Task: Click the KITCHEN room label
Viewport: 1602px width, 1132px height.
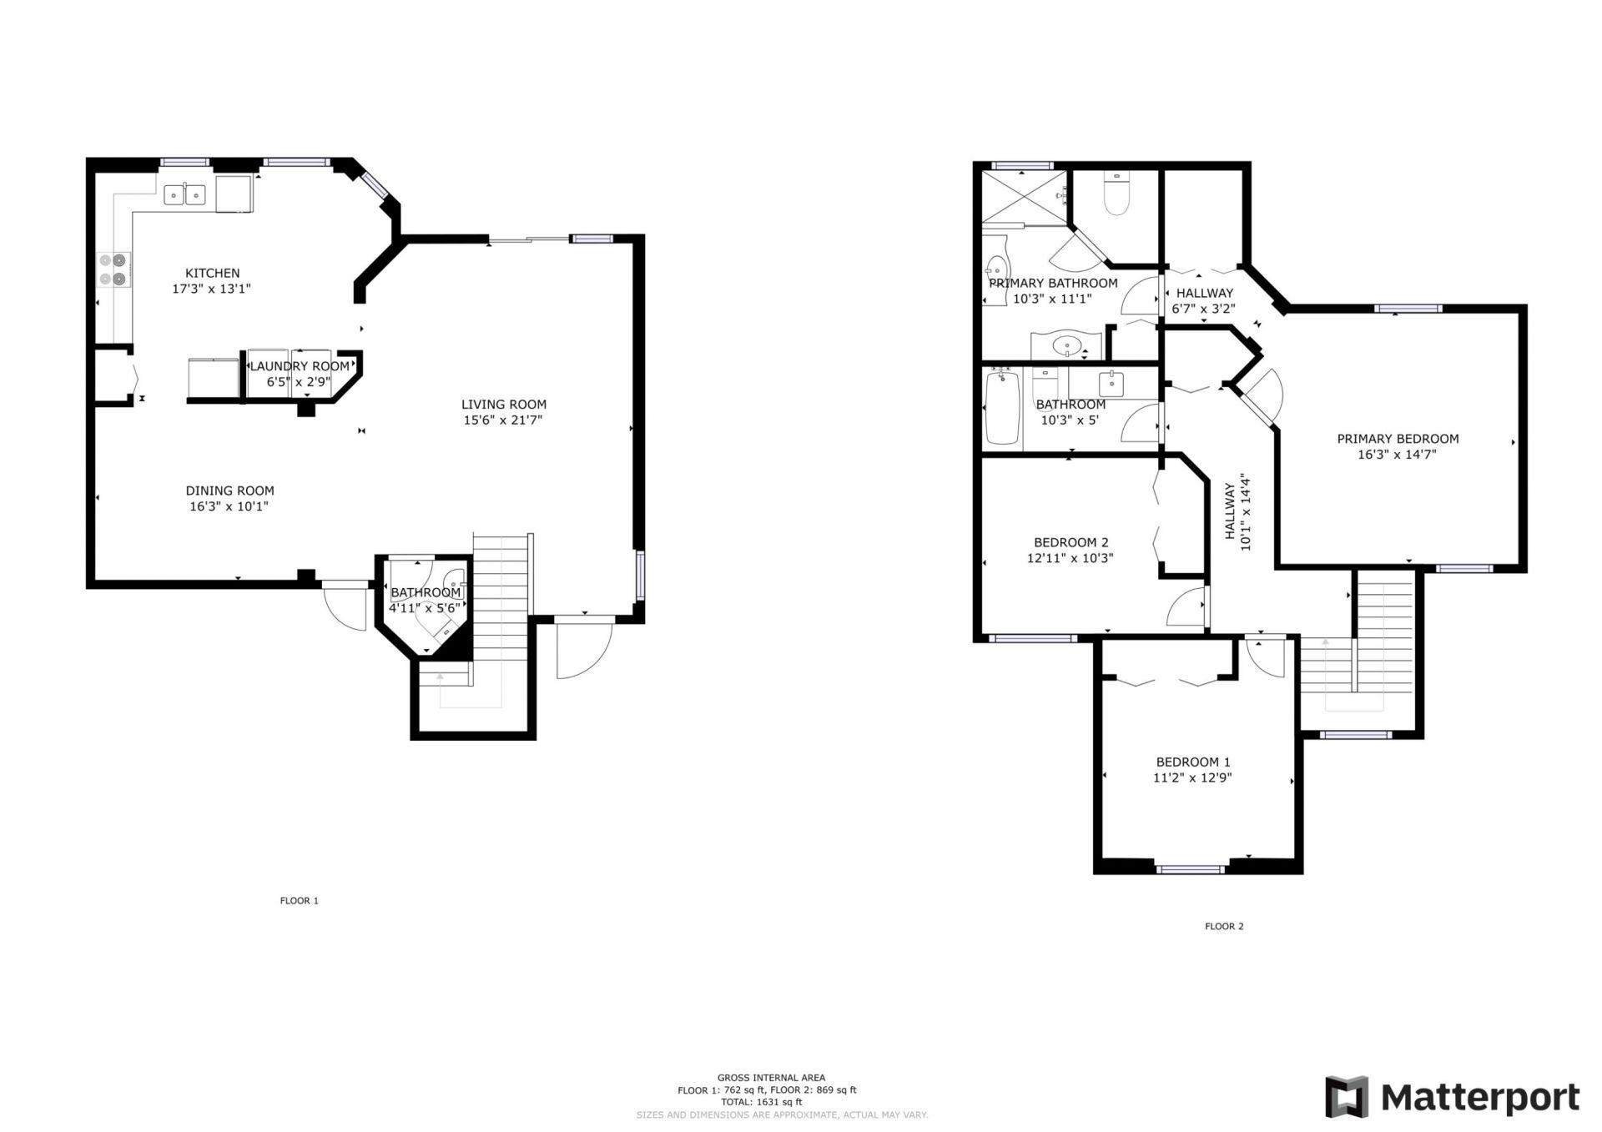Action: coord(212,273)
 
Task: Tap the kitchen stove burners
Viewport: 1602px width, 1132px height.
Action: coord(113,269)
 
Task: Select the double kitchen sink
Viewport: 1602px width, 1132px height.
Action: coord(184,195)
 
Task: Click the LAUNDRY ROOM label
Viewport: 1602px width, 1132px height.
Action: coord(300,366)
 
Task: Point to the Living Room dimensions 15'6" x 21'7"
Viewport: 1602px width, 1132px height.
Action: coord(503,420)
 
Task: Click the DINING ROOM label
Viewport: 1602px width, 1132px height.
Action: coord(229,491)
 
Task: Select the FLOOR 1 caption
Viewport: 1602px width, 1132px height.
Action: coord(299,901)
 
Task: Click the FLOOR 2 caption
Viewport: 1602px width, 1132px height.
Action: coord(1224,926)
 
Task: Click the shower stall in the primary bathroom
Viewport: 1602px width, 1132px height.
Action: coord(1024,197)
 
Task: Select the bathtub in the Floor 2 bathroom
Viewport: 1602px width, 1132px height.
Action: coord(1002,408)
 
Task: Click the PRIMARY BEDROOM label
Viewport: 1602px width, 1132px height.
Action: coord(1398,439)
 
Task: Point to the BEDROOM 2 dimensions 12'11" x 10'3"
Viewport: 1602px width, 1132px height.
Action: coord(1070,559)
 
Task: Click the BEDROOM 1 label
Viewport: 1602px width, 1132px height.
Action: coord(1192,762)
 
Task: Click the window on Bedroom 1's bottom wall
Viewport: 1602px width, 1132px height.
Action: coord(1191,869)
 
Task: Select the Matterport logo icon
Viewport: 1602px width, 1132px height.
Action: coord(1347,1096)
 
